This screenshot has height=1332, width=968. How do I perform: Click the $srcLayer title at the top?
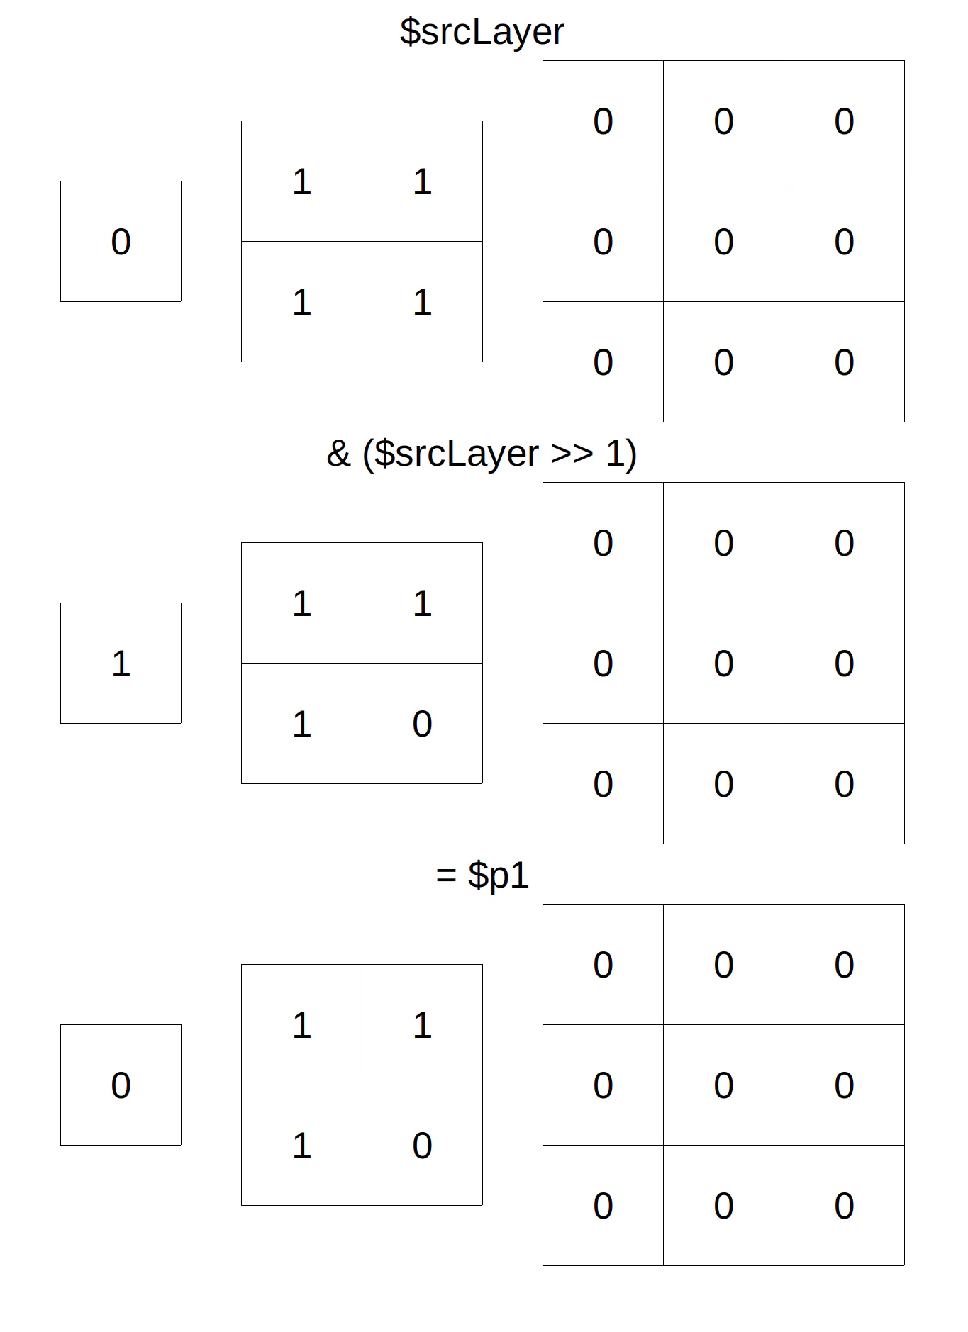482,32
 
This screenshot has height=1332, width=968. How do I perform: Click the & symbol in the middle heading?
339,454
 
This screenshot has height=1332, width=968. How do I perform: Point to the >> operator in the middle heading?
572,454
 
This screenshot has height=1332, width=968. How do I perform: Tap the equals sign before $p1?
446,875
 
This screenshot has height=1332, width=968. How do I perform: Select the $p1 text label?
499,875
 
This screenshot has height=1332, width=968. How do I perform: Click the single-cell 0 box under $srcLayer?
121,241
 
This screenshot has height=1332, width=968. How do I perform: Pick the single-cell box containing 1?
121,663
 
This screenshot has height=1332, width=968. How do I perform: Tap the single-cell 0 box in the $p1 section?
121,1085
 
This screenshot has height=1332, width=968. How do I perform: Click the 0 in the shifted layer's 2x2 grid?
422,723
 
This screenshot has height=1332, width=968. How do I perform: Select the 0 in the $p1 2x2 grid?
422,1145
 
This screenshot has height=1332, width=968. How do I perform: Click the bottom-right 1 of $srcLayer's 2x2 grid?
422,301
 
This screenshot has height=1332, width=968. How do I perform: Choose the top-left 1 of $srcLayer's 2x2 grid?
301,181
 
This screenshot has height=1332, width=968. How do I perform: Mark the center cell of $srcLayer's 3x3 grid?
723,241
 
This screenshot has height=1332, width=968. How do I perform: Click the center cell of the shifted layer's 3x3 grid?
723,663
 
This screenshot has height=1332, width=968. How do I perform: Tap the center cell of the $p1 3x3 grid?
723,1085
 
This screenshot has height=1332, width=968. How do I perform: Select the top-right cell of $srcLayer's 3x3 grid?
844,121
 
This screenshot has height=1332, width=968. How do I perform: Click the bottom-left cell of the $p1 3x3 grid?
603,1205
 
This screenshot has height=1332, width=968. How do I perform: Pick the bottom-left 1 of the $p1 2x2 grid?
301,1145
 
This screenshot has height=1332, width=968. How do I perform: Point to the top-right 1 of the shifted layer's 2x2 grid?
422,603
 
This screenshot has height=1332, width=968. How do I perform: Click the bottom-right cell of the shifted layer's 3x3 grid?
844,783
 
